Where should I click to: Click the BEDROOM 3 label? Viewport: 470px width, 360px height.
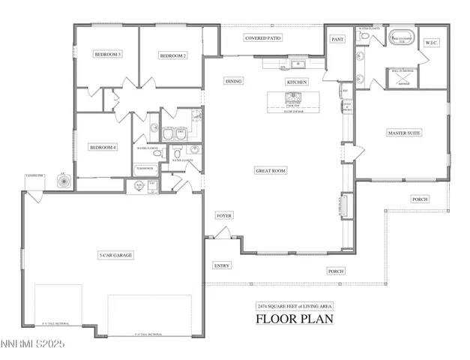pyautogui.click(x=108, y=55)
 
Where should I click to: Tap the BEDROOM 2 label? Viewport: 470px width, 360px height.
pyautogui.click(x=172, y=55)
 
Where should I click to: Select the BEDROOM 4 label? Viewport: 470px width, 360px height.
pyautogui.click(x=103, y=148)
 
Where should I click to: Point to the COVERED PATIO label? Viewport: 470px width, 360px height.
pyautogui.click(x=263, y=37)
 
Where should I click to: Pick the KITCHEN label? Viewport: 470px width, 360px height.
pyautogui.click(x=296, y=81)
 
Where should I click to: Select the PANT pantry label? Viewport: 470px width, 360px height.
pyautogui.click(x=337, y=39)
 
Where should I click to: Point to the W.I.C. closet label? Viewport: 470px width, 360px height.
pyautogui.click(x=433, y=43)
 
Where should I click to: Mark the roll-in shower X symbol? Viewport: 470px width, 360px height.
pyautogui.click(x=400, y=76)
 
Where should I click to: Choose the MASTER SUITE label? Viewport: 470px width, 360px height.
pyautogui.click(x=403, y=133)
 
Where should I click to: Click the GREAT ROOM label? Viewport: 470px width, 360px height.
pyautogui.click(x=270, y=171)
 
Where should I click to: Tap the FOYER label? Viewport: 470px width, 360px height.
pyautogui.click(x=224, y=215)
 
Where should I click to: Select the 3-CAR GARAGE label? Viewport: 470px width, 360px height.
pyautogui.click(x=115, y=256)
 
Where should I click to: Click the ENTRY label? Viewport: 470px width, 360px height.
pyautogui.click(x=222, y=265)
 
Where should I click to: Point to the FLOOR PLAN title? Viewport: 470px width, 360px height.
pyautogui.click(x=294, y=318)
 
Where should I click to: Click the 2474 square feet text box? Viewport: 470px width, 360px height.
pyautogui.click(x=295, y=306)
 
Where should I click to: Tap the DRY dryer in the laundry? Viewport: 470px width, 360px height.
pyautogui.click(x=181, y=131)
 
